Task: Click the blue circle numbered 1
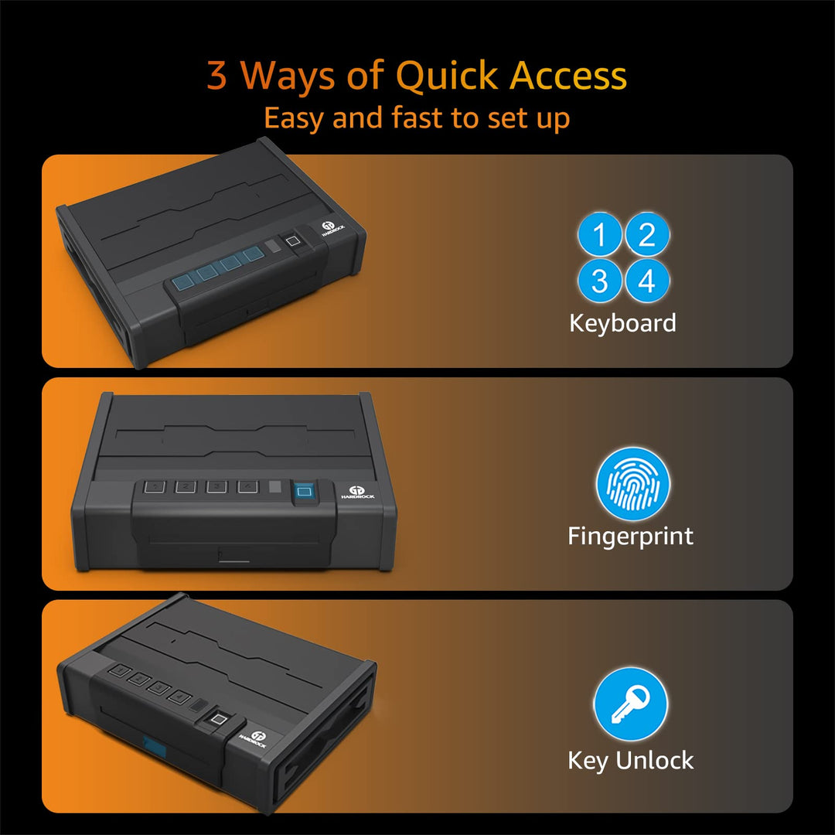(600, 234)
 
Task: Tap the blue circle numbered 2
(647, 234)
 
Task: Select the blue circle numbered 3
(600, 281)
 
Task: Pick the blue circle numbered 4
(647, 281)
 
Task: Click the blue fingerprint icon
(633, 484)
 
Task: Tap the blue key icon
(631, 704)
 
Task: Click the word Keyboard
(622, 323)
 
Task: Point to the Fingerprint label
(631, 537)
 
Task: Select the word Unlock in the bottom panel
(655, 760)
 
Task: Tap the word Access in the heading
(568, 76)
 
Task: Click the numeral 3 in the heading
(216, 75)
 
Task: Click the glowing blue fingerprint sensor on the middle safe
(304, 492)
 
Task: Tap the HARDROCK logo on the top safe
(331, 228)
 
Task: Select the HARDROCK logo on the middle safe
(357, 492)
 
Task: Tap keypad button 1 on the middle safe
(155, 486)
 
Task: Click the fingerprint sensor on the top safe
(292, 241)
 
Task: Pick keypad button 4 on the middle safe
(247, 486)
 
